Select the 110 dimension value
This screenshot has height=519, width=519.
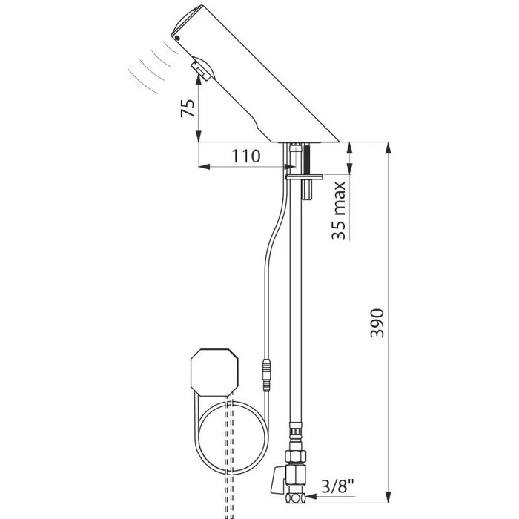pyautogui.click(x=245, y=156)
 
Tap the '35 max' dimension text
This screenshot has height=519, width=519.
pyautogui.click(x=339, y=210)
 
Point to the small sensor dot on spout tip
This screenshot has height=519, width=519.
pyautogui.click(x=176, y=35)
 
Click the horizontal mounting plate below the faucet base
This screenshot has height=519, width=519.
pyautogui.click(x=305, y=176)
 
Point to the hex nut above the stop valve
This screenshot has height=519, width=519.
pyautogui.click(x=294, y=432)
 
